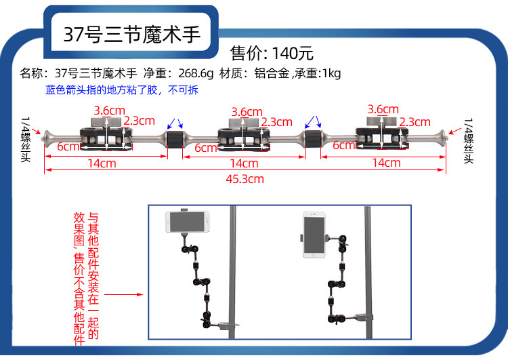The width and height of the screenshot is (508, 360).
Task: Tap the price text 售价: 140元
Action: [272, 53]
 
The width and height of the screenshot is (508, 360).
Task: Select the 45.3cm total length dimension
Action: [245, 179]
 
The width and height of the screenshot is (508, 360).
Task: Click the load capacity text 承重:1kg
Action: [318, 73]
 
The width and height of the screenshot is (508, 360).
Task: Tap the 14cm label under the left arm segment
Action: [102, 163]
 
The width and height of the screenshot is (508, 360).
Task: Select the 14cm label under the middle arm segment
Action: [244, 163]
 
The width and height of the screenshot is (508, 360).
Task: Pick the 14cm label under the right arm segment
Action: [385, 163]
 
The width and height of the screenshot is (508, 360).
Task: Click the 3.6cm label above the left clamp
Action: [109, 111]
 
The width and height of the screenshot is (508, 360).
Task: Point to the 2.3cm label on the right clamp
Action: [415, 122]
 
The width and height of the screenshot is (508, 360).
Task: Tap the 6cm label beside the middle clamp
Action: [206, 147]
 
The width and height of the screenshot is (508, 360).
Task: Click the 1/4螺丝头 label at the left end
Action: [26, 140]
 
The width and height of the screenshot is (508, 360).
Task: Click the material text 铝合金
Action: [271, 73]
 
